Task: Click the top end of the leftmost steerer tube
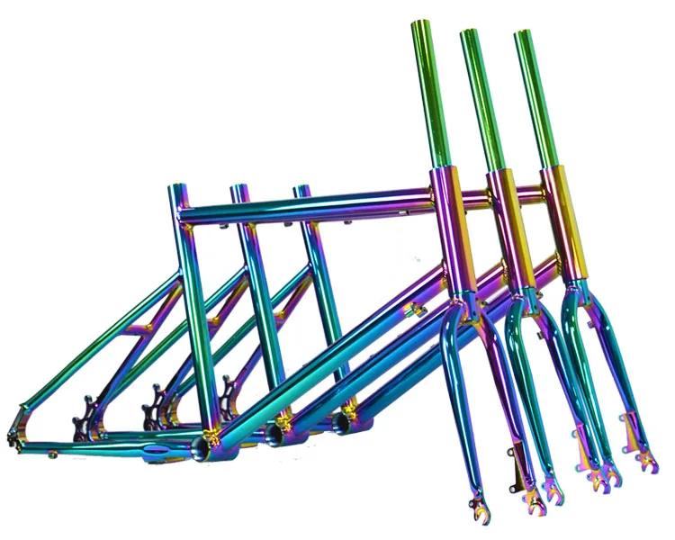(x=421, y=26)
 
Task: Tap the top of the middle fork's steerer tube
(x=470, y=36)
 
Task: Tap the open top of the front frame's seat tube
(x=177, y=189)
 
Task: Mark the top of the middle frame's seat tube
(x=238, y=190)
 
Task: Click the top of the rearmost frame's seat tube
(x=301, y=190)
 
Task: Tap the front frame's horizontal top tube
(x=306, y=204)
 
